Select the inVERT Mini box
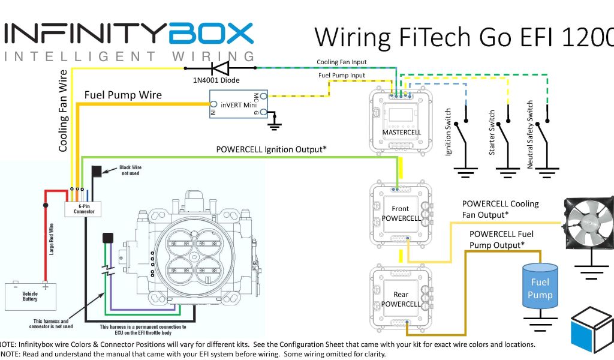[238, 104]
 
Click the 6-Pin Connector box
[83, 208]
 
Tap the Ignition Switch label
[448, 133]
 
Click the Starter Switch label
[492, 133]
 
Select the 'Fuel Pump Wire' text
[123, 95]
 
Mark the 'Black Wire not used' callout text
[130, 170]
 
